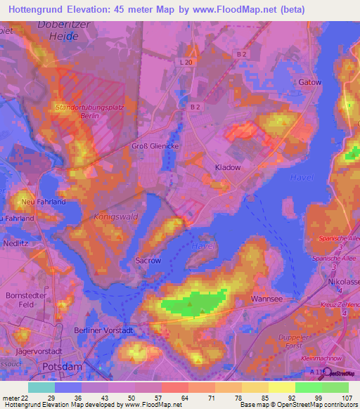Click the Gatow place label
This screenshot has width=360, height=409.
pos(309,82)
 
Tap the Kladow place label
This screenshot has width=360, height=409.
pos(227,168)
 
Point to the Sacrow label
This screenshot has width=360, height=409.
pos(148,260)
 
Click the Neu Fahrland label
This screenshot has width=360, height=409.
pos(44,202)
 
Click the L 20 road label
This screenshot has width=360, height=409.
pos(186,63)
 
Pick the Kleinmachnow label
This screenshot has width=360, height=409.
pos(335,356)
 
